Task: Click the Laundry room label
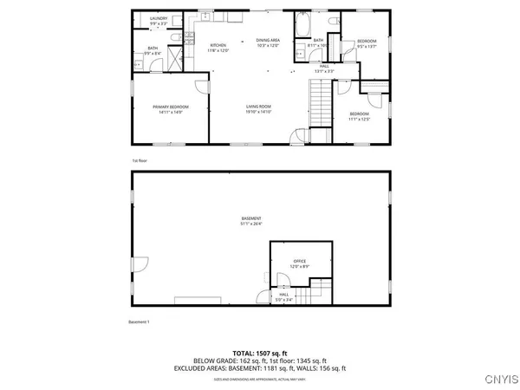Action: pos(158,19)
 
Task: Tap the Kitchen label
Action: pos(218,49)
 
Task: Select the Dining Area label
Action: pos(268,42)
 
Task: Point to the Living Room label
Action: pos(258,109)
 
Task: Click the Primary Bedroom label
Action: pos(171,108)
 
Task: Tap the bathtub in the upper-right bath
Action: pos(302,26)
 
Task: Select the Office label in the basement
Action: pos(300,263)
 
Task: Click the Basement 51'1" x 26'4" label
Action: pos(252,221)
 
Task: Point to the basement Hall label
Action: pos(284,296)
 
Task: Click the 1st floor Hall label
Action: pos(323,68)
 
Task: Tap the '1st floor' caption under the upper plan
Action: pos(139,161)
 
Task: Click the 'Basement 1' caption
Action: pos(140,323)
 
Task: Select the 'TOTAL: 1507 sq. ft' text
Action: pos(259,352)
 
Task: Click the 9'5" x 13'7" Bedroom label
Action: pos(367,44)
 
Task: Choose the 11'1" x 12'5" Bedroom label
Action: pos(359,116)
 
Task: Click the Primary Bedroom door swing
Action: pos(201,86)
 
